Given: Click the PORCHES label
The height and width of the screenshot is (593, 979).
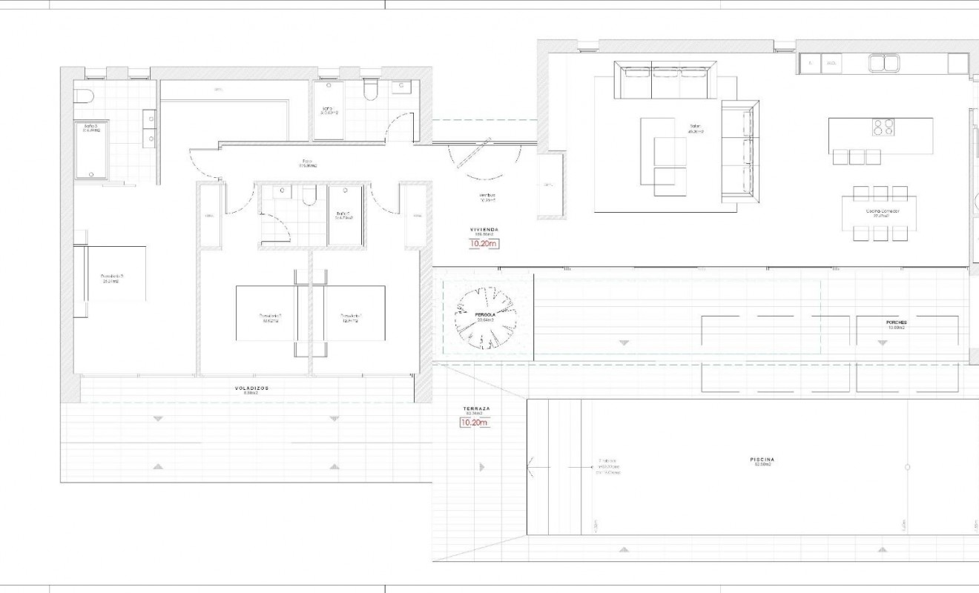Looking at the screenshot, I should click(x=896, y=322).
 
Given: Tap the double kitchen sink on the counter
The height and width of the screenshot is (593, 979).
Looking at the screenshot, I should click(x=883, y=63).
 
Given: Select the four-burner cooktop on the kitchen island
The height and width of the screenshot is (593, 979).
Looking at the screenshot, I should click(x=883, y=127).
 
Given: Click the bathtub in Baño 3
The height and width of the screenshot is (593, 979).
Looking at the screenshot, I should click(x=91, y=150).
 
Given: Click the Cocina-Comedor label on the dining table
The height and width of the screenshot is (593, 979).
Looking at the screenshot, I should click(x=882, y=211).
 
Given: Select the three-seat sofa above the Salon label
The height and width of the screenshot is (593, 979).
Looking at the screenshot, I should click(x=665, y=80).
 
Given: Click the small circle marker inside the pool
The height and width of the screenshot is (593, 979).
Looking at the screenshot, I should click(x=908, y=467).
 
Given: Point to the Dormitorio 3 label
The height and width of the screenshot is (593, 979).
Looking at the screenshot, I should click(x=112, y=277).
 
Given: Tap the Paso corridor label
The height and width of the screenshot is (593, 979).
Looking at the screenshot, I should click(x=307, y=162).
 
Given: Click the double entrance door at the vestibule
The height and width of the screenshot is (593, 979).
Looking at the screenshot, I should click(x=484, y=159).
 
